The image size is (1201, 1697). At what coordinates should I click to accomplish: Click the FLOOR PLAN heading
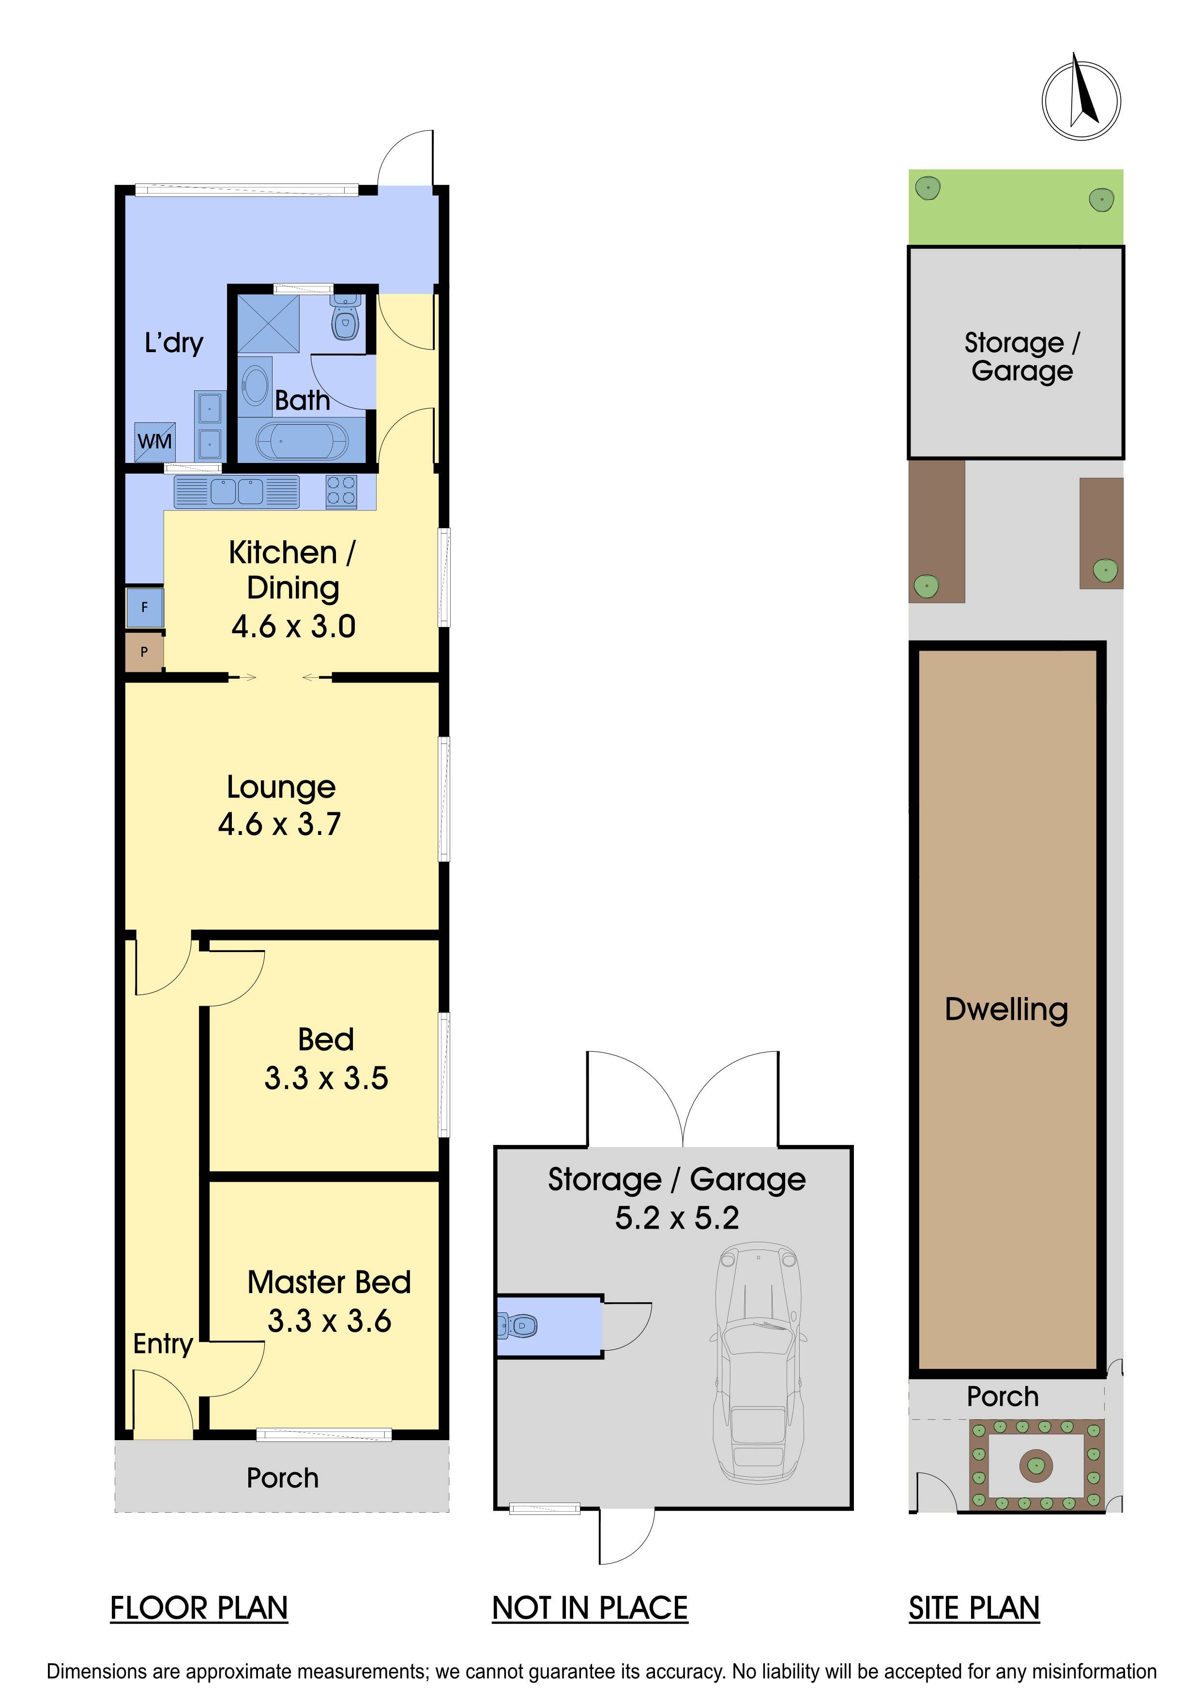(199, 1608)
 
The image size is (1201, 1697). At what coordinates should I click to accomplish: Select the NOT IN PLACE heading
(590, 1608)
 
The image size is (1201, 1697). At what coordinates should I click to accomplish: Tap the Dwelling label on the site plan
(1006, 1010)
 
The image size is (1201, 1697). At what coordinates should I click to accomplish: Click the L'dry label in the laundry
(174, 343)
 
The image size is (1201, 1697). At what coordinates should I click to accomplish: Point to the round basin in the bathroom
(255, 385)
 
